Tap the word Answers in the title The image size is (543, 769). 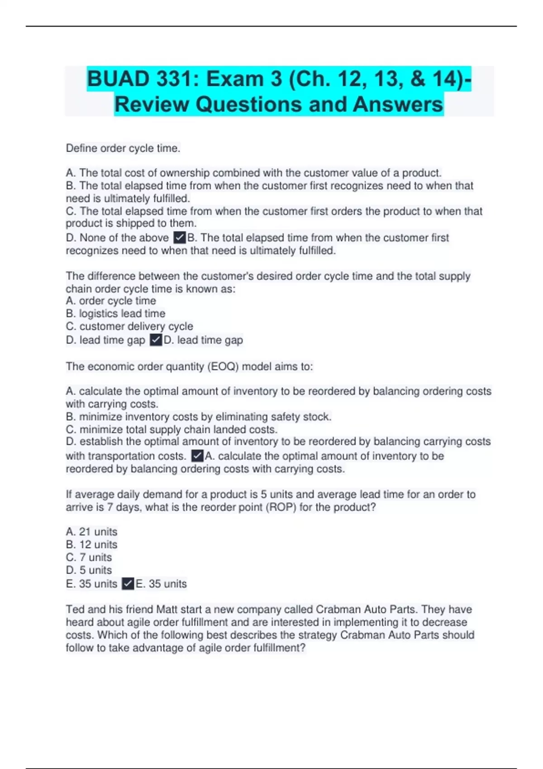point(398,104)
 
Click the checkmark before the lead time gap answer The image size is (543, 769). point(156,340)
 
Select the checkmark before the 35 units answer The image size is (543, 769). point(128,584)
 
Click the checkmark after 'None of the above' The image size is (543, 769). point(180,237)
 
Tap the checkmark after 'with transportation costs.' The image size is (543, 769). point(197,456)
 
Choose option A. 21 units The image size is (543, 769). point(91,532)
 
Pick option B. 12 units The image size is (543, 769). point(91,544)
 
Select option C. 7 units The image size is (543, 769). point(89,557)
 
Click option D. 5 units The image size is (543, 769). point(89,570)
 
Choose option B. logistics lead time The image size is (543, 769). point(115,313)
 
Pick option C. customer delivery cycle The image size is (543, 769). point(129,326)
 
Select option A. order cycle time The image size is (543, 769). point(111,301)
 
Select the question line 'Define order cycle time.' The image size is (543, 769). point(123,148)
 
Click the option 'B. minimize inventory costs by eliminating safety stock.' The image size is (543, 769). point(199,417)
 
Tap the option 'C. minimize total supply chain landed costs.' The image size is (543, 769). point(171,429)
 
